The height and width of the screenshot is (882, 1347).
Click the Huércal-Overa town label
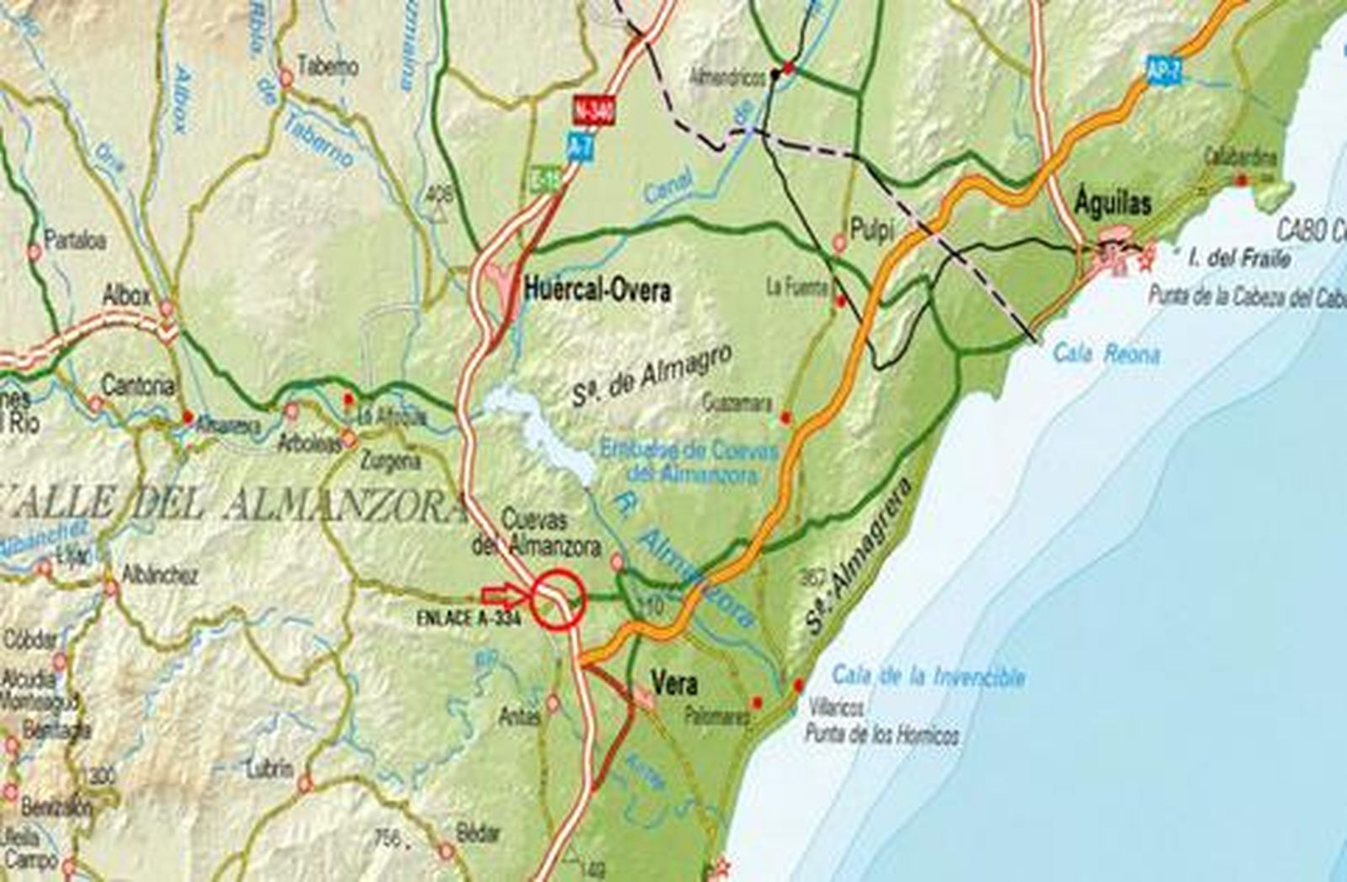(x=597, y=291)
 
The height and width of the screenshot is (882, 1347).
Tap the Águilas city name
(x=1113, y=204)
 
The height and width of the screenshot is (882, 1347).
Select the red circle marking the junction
(x=557, y=599)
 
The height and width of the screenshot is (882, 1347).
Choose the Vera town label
(x=674, y=684)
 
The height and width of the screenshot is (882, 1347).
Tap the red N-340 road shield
(x=594, y=110)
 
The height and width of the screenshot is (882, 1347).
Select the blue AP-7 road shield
(x=1163, y=72)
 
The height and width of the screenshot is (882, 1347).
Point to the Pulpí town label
(x=871, y=230)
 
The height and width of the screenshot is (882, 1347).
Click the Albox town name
(x=126, y=295)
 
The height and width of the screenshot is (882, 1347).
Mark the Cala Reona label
(x=1105, y=354)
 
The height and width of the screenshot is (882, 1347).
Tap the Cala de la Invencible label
(x=928, y=676)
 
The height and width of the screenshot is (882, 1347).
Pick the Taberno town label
(x=327, y=66)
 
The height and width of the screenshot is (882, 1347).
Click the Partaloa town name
(x=76, y=240)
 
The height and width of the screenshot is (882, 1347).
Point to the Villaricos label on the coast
(x=835, y=709)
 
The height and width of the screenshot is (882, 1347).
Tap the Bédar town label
(x=478, y=833)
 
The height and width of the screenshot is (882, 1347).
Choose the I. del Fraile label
(x=1238, y=258)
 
